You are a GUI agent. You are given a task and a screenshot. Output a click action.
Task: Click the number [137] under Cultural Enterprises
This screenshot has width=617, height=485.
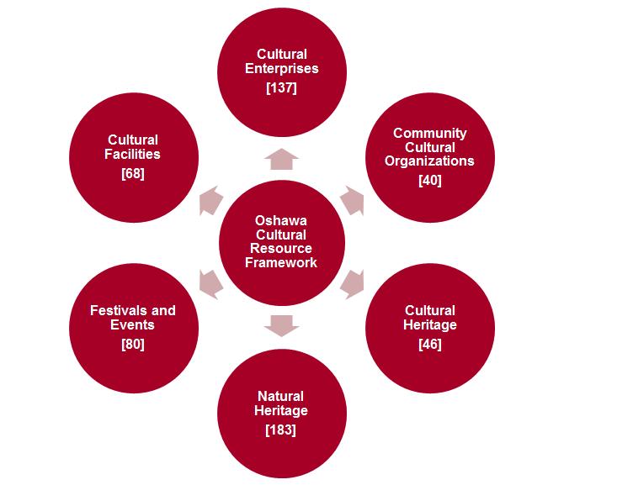click(281, 87)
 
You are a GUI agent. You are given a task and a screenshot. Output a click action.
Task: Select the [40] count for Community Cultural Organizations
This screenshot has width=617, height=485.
click(429, 179)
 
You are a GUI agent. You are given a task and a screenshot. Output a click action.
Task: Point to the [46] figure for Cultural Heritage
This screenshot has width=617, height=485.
click(429, 343)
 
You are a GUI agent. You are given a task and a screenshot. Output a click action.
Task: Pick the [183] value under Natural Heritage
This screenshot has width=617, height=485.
click(281, 430)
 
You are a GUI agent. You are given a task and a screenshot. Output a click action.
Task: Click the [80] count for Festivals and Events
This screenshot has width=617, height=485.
click(133, 343)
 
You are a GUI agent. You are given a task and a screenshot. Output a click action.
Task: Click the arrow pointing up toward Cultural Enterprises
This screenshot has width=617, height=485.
click(281, 159)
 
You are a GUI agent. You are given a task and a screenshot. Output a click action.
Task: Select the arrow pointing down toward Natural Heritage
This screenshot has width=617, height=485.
click(281, 324)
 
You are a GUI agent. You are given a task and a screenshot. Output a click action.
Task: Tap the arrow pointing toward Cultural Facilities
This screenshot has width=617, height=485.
click(209, 203)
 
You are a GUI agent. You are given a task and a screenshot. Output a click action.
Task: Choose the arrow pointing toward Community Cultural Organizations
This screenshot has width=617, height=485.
click(354, 202)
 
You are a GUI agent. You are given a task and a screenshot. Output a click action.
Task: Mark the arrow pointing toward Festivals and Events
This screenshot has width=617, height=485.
click(209, 282)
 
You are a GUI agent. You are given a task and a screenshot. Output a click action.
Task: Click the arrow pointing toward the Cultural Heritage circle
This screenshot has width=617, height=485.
click(353, 282)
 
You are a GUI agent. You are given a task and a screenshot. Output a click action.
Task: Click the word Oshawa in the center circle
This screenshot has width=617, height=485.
click(281, 221)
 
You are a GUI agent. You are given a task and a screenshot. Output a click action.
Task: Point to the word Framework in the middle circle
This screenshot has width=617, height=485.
click(281, 262)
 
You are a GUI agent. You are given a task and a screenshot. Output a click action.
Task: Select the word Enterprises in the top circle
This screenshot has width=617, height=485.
click(281, 68)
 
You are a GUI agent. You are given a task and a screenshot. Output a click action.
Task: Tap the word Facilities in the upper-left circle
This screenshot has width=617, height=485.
click(133, 154)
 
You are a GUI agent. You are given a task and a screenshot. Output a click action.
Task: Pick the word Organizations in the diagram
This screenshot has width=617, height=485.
click(429, 161)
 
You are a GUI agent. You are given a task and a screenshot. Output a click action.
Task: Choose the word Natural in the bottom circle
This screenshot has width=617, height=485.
click(281, 396)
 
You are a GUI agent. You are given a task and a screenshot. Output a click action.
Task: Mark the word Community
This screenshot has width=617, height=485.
click(429, 133)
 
